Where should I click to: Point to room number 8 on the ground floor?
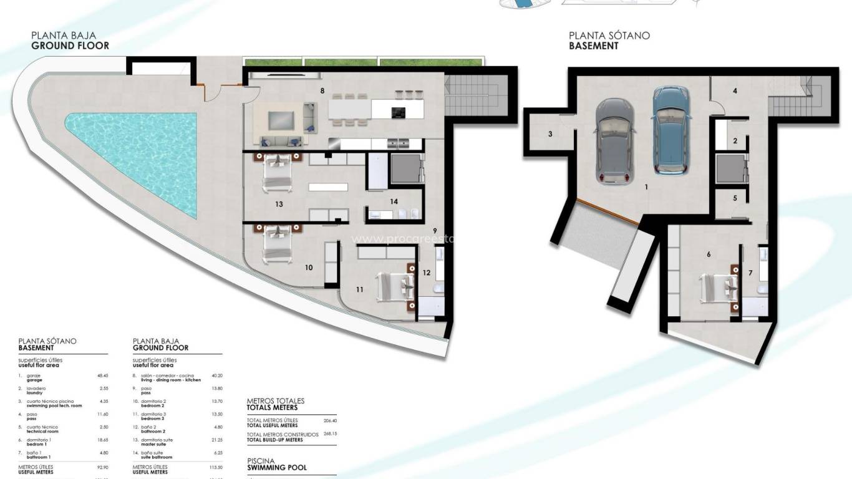pos(322,91)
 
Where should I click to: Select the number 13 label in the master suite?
pos(279,204)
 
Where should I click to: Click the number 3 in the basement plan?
pos(550,134)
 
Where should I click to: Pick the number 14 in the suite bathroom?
pos(394,201)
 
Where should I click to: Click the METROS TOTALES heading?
pos(276,401)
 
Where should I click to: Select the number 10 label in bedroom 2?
pos(308,268)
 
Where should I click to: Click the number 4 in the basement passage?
pos(735,91)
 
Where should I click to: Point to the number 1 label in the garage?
pos(646,186)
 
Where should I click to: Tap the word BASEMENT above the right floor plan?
pos(594,46)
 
